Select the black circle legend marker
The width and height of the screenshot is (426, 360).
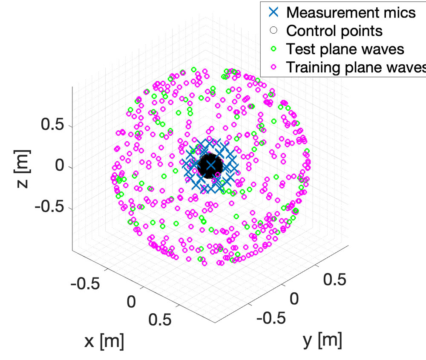[274, 30]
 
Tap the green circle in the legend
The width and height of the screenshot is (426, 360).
[274, 49]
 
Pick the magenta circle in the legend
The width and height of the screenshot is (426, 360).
[274, 67]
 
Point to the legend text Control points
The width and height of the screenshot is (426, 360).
[334, 31]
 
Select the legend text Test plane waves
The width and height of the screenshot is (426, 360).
[345, 49]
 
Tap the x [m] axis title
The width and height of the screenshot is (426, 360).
[104, 340]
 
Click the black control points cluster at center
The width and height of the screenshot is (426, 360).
[210, 165]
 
